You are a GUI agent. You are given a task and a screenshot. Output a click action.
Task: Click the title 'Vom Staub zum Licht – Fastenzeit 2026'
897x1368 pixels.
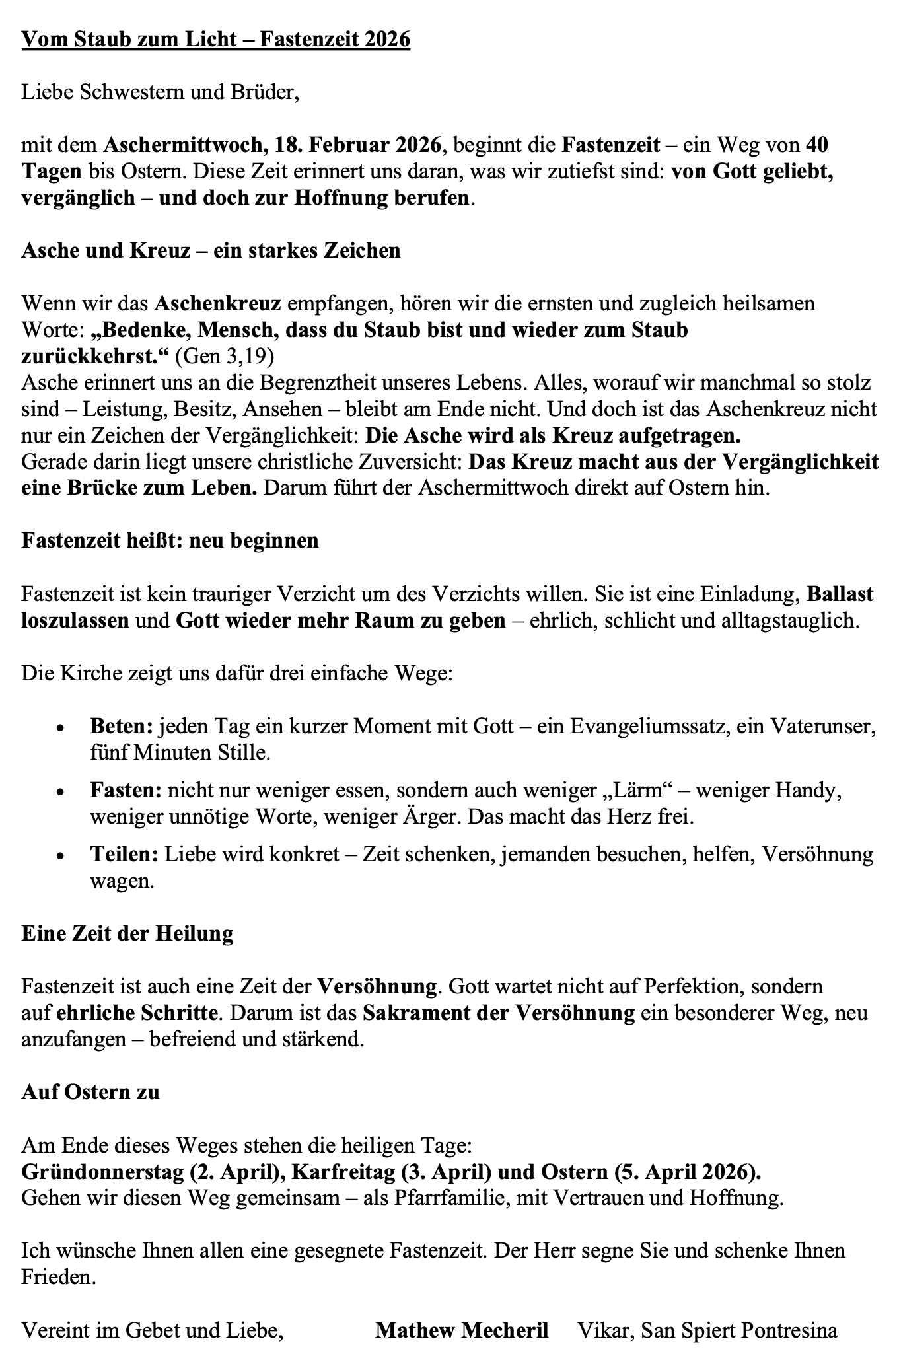tap(216, 39)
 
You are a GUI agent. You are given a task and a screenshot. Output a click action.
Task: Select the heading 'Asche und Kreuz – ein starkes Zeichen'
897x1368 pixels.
tap(211, 250)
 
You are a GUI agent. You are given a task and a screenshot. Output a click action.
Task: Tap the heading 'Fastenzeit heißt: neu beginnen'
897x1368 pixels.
tap(170, 540)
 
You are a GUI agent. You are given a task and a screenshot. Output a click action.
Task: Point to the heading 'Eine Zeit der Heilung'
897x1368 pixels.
tap(127, 933)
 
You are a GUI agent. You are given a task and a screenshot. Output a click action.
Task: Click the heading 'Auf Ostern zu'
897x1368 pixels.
tap(90, 1091)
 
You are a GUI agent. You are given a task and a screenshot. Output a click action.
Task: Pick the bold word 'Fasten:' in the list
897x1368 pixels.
tap(126, 790)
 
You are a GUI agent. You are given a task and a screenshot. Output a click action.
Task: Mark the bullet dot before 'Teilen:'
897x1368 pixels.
tap(60, 855)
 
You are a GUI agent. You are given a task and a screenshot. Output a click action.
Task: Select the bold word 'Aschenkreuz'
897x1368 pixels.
tap(218, 303)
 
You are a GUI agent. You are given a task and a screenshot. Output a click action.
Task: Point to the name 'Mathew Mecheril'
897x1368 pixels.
tap(462, 1330)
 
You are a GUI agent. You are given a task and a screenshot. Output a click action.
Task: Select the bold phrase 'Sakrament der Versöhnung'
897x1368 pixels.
tap(499, 1013)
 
